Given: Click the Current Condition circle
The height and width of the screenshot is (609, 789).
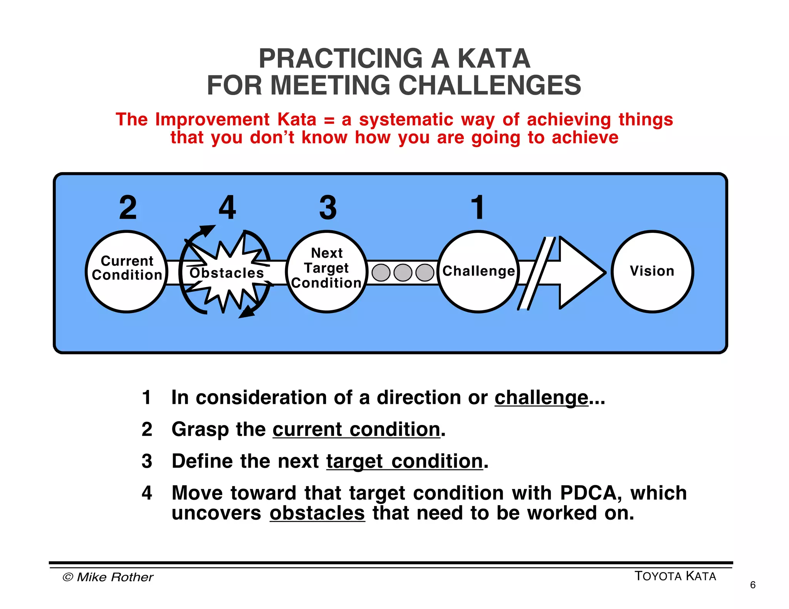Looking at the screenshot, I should tap(126, 271).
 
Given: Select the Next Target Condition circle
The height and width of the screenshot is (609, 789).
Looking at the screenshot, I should tap(326, 271).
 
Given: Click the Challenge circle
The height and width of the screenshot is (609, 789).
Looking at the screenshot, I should tap(478, 271).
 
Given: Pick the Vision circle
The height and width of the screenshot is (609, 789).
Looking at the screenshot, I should tap(652, 271).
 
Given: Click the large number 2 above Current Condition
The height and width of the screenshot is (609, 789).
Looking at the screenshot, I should tap(128, 207).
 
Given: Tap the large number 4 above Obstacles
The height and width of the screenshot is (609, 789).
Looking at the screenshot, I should tap(227, 207).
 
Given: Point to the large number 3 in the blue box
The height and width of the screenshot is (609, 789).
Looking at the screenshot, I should tap(328, 207).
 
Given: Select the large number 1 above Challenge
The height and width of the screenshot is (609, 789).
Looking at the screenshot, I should tap(478, 207).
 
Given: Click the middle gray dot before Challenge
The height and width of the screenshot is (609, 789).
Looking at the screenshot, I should tap(403, 273).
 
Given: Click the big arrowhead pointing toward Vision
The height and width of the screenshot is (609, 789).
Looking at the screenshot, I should tap(580, 272).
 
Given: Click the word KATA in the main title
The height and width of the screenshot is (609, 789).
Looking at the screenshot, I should tap(494, 59).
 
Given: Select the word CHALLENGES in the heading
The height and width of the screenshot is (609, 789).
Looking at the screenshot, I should tap(489, 85).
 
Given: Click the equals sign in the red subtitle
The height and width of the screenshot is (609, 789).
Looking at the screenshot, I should tap(329, 120).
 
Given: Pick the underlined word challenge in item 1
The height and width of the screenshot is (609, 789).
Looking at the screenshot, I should tap(541, 397).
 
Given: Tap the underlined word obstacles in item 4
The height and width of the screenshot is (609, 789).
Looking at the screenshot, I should tap(317, 513).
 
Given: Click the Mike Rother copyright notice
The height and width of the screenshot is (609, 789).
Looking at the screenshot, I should tap(108, 577).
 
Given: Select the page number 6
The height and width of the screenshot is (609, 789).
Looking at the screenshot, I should tap(752, 585).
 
